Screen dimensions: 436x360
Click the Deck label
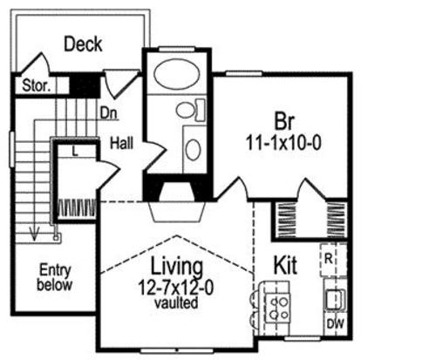click(83, 44)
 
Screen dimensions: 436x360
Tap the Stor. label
click(36, 85)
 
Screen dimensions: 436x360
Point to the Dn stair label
click(109, 112)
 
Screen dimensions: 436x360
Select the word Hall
click(122, 143)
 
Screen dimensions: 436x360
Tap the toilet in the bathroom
click(190, 110)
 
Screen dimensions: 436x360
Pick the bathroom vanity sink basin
click(193, 149)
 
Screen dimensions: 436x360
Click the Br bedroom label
click(284, 121)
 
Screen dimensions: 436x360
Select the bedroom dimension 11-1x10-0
click(283, 143)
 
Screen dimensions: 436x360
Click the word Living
click(176, 266)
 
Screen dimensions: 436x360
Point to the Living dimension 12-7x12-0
click(175, 288)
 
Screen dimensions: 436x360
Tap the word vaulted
click(176, 302)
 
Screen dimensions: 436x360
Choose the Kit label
click(285, 265)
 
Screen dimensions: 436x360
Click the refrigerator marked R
click(333, 260)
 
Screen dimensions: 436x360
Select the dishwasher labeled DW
click(336, 324)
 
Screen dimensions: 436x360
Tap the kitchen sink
click(335, 299)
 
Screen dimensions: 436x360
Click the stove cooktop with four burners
click(278, 308)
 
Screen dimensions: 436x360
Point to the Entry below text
click(55, 277)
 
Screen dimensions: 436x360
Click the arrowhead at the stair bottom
click(35, 234)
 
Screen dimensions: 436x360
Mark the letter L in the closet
click(75, 151)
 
